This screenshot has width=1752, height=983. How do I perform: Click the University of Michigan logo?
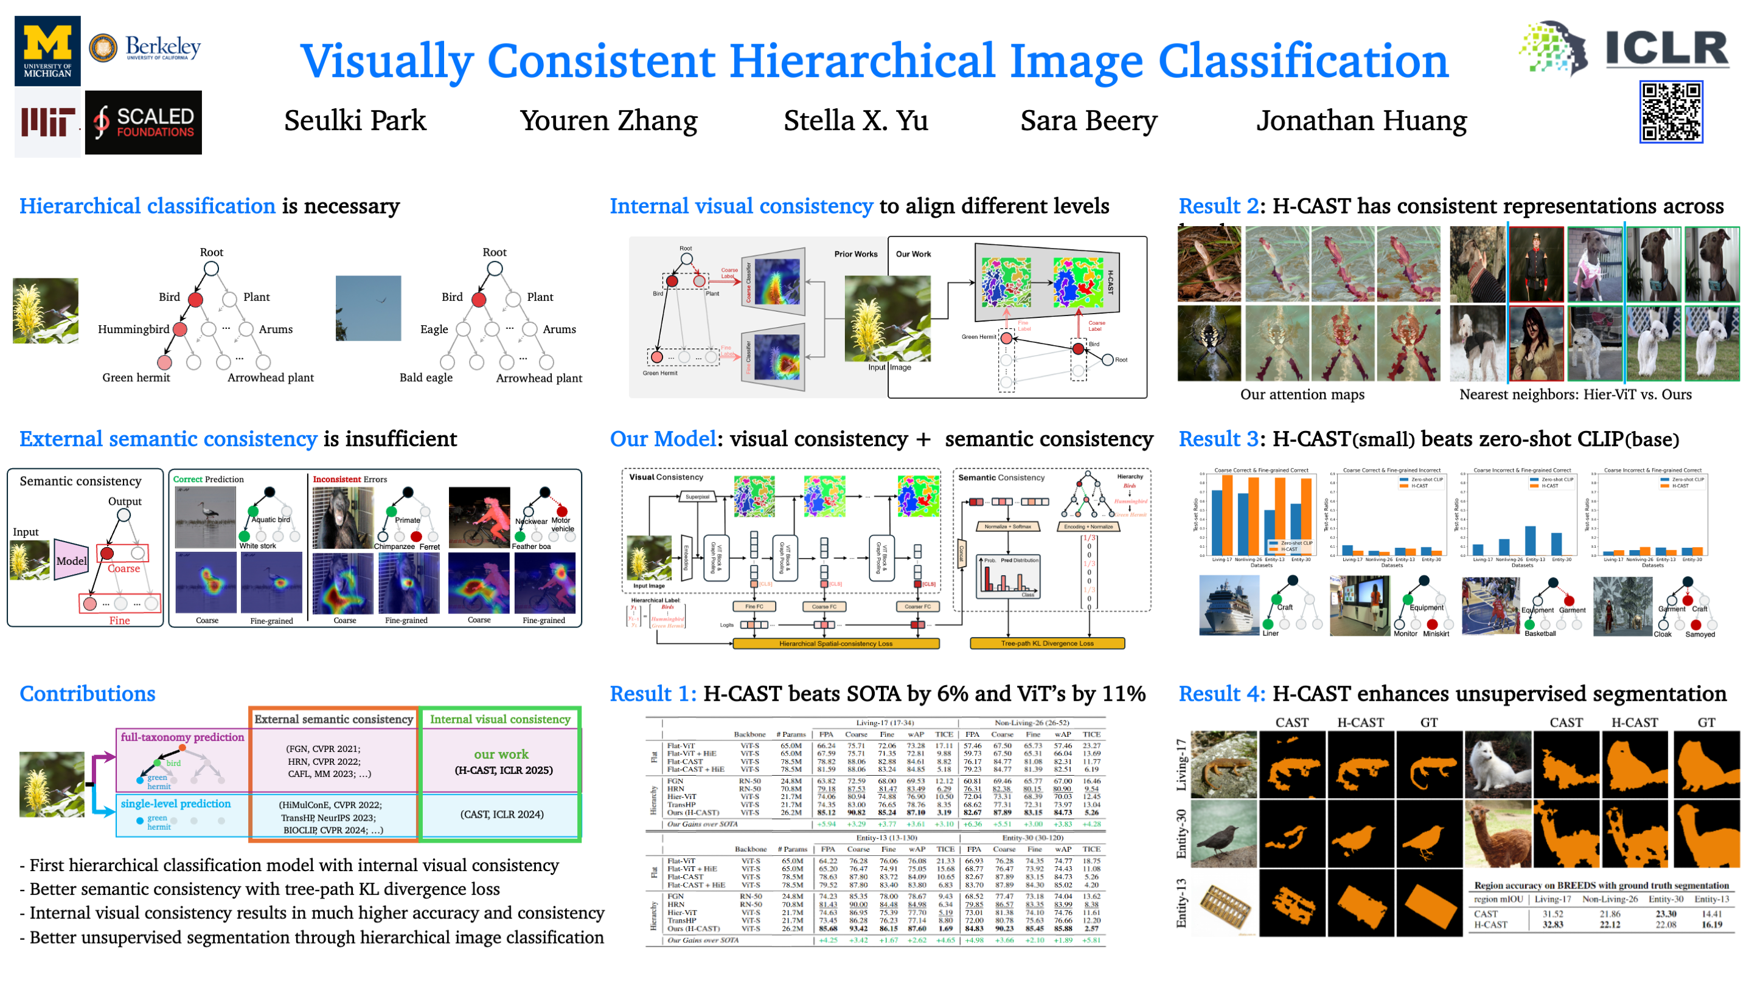(47, 51)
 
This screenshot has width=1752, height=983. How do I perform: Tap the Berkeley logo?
(145, 48)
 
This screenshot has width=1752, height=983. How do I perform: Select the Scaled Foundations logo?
(144, 122)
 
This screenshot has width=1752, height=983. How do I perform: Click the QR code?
(1670, 112)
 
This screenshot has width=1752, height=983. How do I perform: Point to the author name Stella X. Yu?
(855, 121)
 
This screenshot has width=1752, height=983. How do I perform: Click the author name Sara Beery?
(1088, 121)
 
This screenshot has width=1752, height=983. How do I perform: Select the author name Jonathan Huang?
(1361, 121)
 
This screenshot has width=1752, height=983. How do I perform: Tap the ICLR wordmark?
(1666, 49)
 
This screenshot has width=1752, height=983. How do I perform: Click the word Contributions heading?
(88, 694)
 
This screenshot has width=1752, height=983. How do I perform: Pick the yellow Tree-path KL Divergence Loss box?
(1047, 643)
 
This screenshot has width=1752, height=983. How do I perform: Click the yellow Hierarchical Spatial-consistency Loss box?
(836, 643)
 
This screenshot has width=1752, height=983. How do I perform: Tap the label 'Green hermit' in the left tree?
(136, 378)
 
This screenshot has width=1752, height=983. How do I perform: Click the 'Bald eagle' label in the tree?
(426, 378)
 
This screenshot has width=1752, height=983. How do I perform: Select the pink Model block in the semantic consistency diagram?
(71, 560)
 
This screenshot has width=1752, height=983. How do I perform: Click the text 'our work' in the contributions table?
(501, 754)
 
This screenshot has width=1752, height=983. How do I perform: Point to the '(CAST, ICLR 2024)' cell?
(502, 815)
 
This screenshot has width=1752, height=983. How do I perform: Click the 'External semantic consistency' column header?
(333, 719)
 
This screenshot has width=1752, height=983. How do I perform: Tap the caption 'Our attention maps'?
(1302, 395)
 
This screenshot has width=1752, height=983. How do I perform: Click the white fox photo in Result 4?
(1498, 765)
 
